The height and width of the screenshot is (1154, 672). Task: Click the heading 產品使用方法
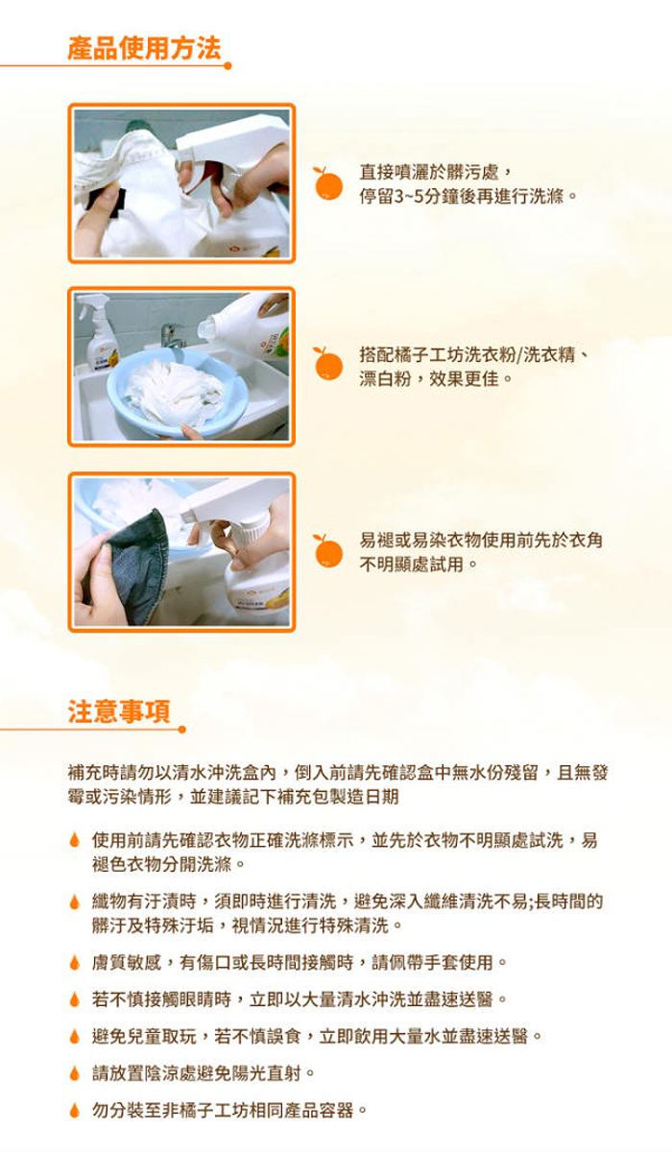point(144,48)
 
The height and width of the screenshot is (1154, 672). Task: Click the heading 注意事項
point(119,711)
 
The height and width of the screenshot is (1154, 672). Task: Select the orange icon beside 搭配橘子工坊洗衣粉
point(327,364)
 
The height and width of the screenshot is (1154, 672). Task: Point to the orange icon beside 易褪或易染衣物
point(327,551)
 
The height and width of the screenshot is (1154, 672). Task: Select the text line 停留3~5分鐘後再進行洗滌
point(468,196)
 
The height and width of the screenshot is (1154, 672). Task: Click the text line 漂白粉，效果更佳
point(436,379)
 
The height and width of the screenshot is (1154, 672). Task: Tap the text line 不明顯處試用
point(419,565)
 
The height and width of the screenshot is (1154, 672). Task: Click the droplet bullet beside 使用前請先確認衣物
point(75,840)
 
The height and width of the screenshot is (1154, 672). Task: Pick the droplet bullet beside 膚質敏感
point(75,962)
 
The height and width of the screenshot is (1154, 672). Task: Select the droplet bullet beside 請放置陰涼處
point(75,1073)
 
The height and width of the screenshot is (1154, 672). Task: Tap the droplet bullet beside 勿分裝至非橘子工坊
point(75,1110)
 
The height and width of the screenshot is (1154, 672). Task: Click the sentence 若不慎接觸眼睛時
point(300,999)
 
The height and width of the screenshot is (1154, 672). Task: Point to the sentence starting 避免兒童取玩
point(317,1036)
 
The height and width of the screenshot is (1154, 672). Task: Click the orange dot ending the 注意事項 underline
point(181,730)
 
